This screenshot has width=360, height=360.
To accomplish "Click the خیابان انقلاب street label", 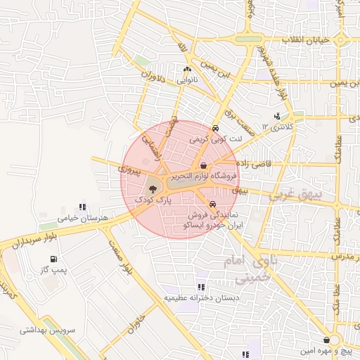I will (306, 40).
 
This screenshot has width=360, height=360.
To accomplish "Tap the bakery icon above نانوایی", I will (187, 69).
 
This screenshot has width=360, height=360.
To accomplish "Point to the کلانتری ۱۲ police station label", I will (276, 127).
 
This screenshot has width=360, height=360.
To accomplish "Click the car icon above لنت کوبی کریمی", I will (215, 129).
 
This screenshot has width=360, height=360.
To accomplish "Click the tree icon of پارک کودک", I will (151, 188).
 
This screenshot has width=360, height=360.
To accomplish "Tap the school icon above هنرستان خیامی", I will (82, 207).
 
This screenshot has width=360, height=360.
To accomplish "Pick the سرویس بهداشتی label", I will (47, 329).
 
